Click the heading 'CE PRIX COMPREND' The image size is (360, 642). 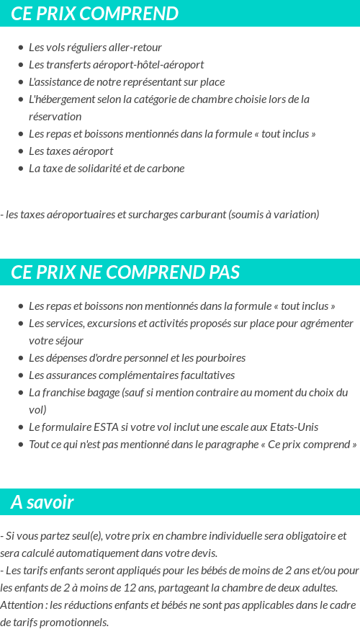[x=94, y=14]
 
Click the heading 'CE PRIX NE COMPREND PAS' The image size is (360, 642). [x=125, y=272]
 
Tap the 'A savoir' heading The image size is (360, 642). [x=42, y=502]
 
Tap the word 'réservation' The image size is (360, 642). [x=55, y=117]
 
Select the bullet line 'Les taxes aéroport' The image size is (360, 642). [x=71, y=151]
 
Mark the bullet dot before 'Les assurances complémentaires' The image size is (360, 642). [x=22, y=375]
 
